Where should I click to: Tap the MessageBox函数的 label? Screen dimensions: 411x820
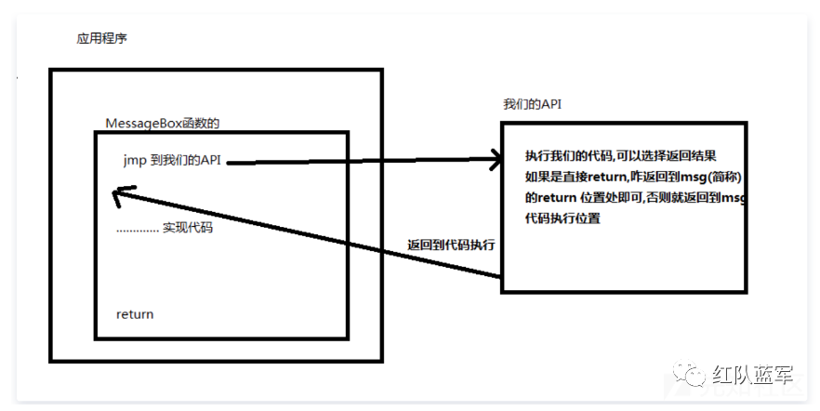click(x=163, y=123)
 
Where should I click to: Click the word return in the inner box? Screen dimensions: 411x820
click(x=135, y=314)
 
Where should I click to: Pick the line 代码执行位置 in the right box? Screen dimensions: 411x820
click(x=562, y=219)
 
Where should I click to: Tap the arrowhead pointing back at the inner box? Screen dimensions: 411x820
click(x=116, y=194)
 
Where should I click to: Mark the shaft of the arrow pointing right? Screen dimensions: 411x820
click(x=363, y=162)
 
